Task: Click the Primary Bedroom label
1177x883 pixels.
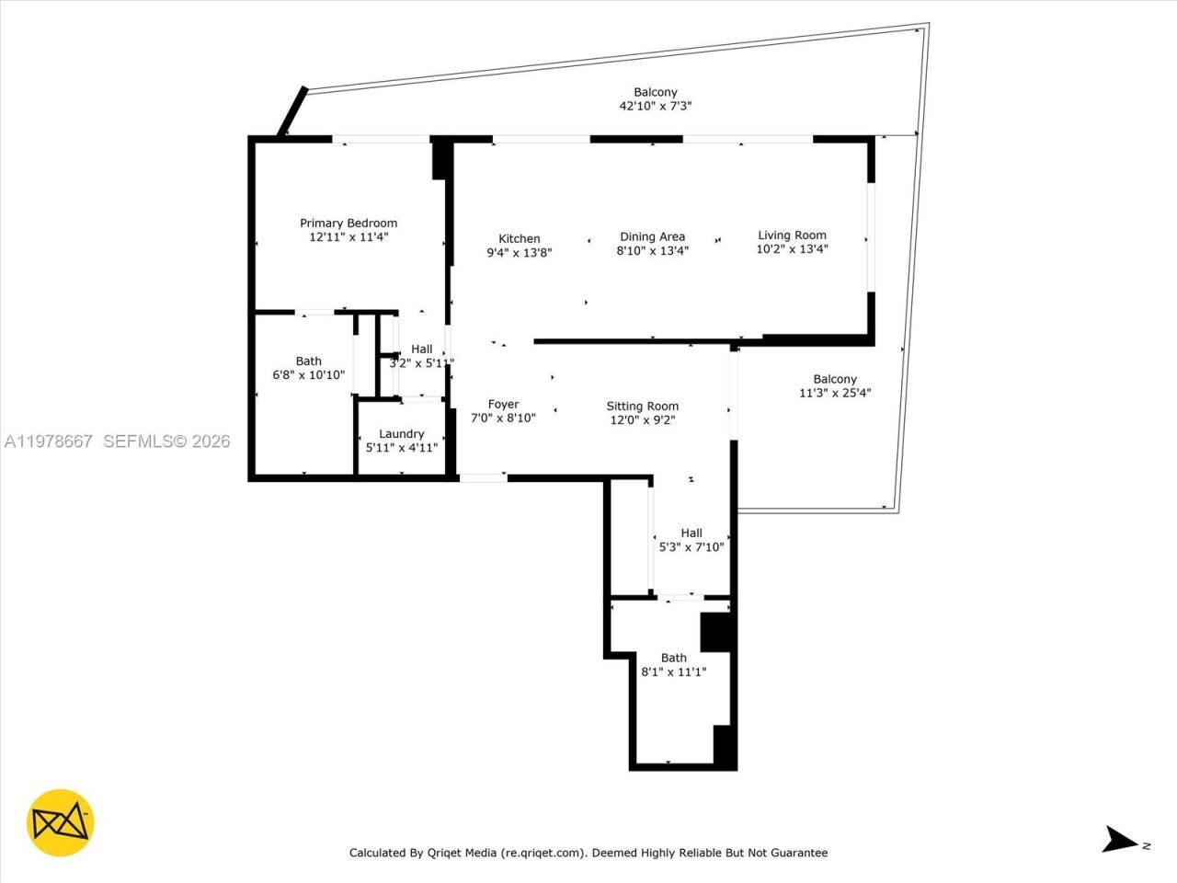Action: pos(349,223)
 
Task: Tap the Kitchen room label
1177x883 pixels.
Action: pos(520,238)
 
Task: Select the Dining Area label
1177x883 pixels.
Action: pos(652,236)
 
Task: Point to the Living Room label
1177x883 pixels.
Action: pos(792,235)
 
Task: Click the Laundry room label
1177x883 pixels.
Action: pos(402,433)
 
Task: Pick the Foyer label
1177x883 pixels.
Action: pos(503,404)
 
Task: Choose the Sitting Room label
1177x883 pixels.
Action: pos(643,406)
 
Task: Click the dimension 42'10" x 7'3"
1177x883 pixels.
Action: pos(655,106)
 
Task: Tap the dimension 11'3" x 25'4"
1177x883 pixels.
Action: pos(835,393)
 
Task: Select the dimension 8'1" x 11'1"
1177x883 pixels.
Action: pos(673,671)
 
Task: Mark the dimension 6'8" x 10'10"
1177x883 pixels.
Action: pos(309,374)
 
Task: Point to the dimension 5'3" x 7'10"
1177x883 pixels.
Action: pos(691,546)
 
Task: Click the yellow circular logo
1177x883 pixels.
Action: pos(61,821)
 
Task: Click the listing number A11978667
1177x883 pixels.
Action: pos(49,441)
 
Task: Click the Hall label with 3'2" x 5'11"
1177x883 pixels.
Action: pos(421,349)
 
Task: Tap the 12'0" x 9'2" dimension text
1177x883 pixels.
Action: pos(643,419)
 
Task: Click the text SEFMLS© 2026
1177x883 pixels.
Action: pos(166,441)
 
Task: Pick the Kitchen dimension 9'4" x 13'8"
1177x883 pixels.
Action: pos(520,252)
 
